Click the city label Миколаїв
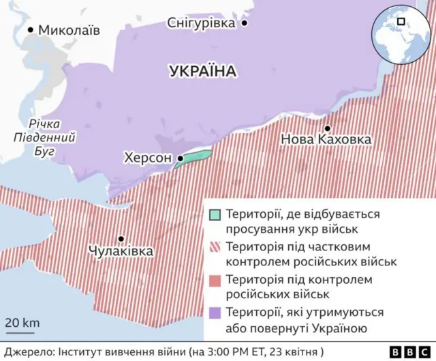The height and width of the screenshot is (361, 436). pyautogui.click(x=69, y=30)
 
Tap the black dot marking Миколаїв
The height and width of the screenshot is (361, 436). pyautogui.click(x=31, y=30)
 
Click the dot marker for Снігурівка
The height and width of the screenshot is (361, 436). pyautogui.click(x=245, y=23)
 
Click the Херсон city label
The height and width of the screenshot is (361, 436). pyautogui.click(x=147, y=158)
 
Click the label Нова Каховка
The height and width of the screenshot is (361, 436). pyautogui.click(x=326, y=140)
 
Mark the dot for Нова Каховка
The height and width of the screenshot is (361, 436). pyautogui.click(x=328, y=128)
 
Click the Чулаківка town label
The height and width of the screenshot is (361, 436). pyautogui.click(x=121, y=252)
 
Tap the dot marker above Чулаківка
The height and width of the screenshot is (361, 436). pyautogui.click(x=121, y=239)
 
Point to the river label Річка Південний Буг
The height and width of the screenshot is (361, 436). pyautogui.click(x=45, y=137)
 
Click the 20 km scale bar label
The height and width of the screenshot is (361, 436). pyautogui.click(x=22, y=322)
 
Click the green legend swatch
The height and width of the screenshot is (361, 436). pyautogui.click(x=215, y=214)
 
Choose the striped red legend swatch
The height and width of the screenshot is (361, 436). pyautogui.click(x=215, y=247)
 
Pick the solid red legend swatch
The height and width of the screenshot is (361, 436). pyautogui.click(x=215, y=280)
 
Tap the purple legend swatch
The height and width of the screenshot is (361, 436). pyautogui.click(x=215, y=313)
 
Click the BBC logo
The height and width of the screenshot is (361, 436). pyautogui.click(x=409, y=351)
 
